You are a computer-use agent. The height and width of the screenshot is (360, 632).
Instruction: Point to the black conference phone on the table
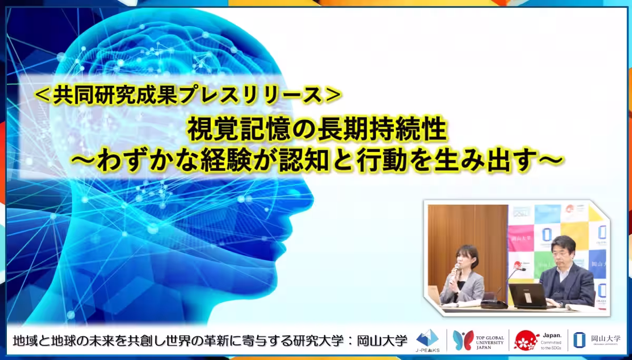[493, 304]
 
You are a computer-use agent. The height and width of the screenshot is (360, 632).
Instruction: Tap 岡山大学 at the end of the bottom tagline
[385, 340]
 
